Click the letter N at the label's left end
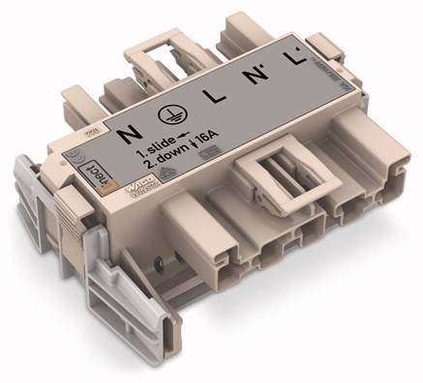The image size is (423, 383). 124,132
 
